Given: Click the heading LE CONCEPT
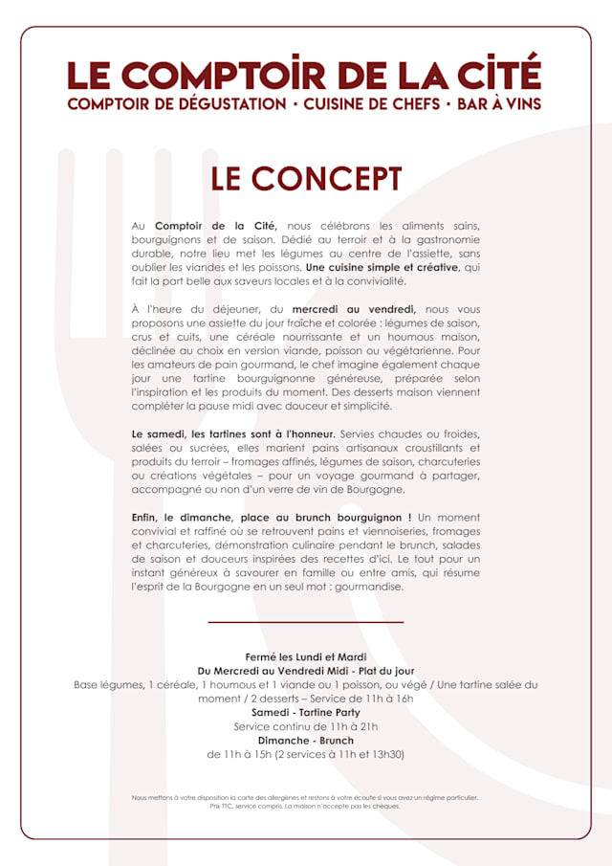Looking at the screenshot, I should [306, 179].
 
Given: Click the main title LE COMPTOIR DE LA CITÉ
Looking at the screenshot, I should [304, 75].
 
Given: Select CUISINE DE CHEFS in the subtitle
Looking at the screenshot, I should [371, 102].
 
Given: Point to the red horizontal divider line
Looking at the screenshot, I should [306, 622].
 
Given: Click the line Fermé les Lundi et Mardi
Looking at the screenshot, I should [306, 657].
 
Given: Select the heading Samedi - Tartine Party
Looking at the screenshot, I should [306, 713].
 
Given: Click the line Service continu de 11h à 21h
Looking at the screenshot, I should [306, 727].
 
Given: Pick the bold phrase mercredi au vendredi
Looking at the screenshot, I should [353, 310].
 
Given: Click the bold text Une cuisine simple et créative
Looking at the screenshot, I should [382, 268].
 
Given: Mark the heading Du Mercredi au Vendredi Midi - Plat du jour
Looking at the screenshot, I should [306, 672].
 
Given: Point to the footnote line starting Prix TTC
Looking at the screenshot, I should [306, 807].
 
